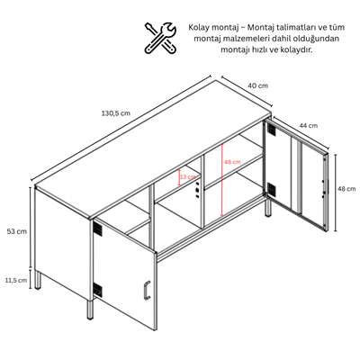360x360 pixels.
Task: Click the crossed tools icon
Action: pyautogui.click(x=160, y=37)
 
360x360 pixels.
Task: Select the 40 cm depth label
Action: pyautogui.click(x=257, y=85)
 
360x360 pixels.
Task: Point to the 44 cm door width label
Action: pyautogui.click(x=308, y=125)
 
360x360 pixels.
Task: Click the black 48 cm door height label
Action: pyautogui.click(x=346, y=189)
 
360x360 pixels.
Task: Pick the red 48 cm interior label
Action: pyautogui.click(x=232, y=162)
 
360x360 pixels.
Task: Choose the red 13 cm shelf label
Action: pyautogui.click(x=188, y=177)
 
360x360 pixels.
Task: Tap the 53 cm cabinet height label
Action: pyautogui.click(x=17, y=231)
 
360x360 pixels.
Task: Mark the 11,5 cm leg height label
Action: pyautogui.click(x=16, y=280)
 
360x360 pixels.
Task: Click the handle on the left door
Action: pyautogui.click(x=146, y=290)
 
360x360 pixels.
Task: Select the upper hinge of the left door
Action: pyautogui.click(x=97, y=229)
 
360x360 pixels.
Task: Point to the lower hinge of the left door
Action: pyautogui.click(x=97, y=290)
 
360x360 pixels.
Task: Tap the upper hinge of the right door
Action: pyautogui.click(x=271, y=128)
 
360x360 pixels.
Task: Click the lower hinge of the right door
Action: pyautogui.click(x=271, y=189)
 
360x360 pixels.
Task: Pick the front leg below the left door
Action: pyautogui.click(x=90, y=309)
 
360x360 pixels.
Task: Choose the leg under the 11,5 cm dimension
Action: pyautogui.click(x=38, y=280)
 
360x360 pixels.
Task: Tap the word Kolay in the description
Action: pyautogui.click(x=199, y=28)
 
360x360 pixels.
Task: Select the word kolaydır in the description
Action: pyautogui.click(x=298, y=49)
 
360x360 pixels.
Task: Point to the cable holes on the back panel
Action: pyautogui.click(x=197, y=190)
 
